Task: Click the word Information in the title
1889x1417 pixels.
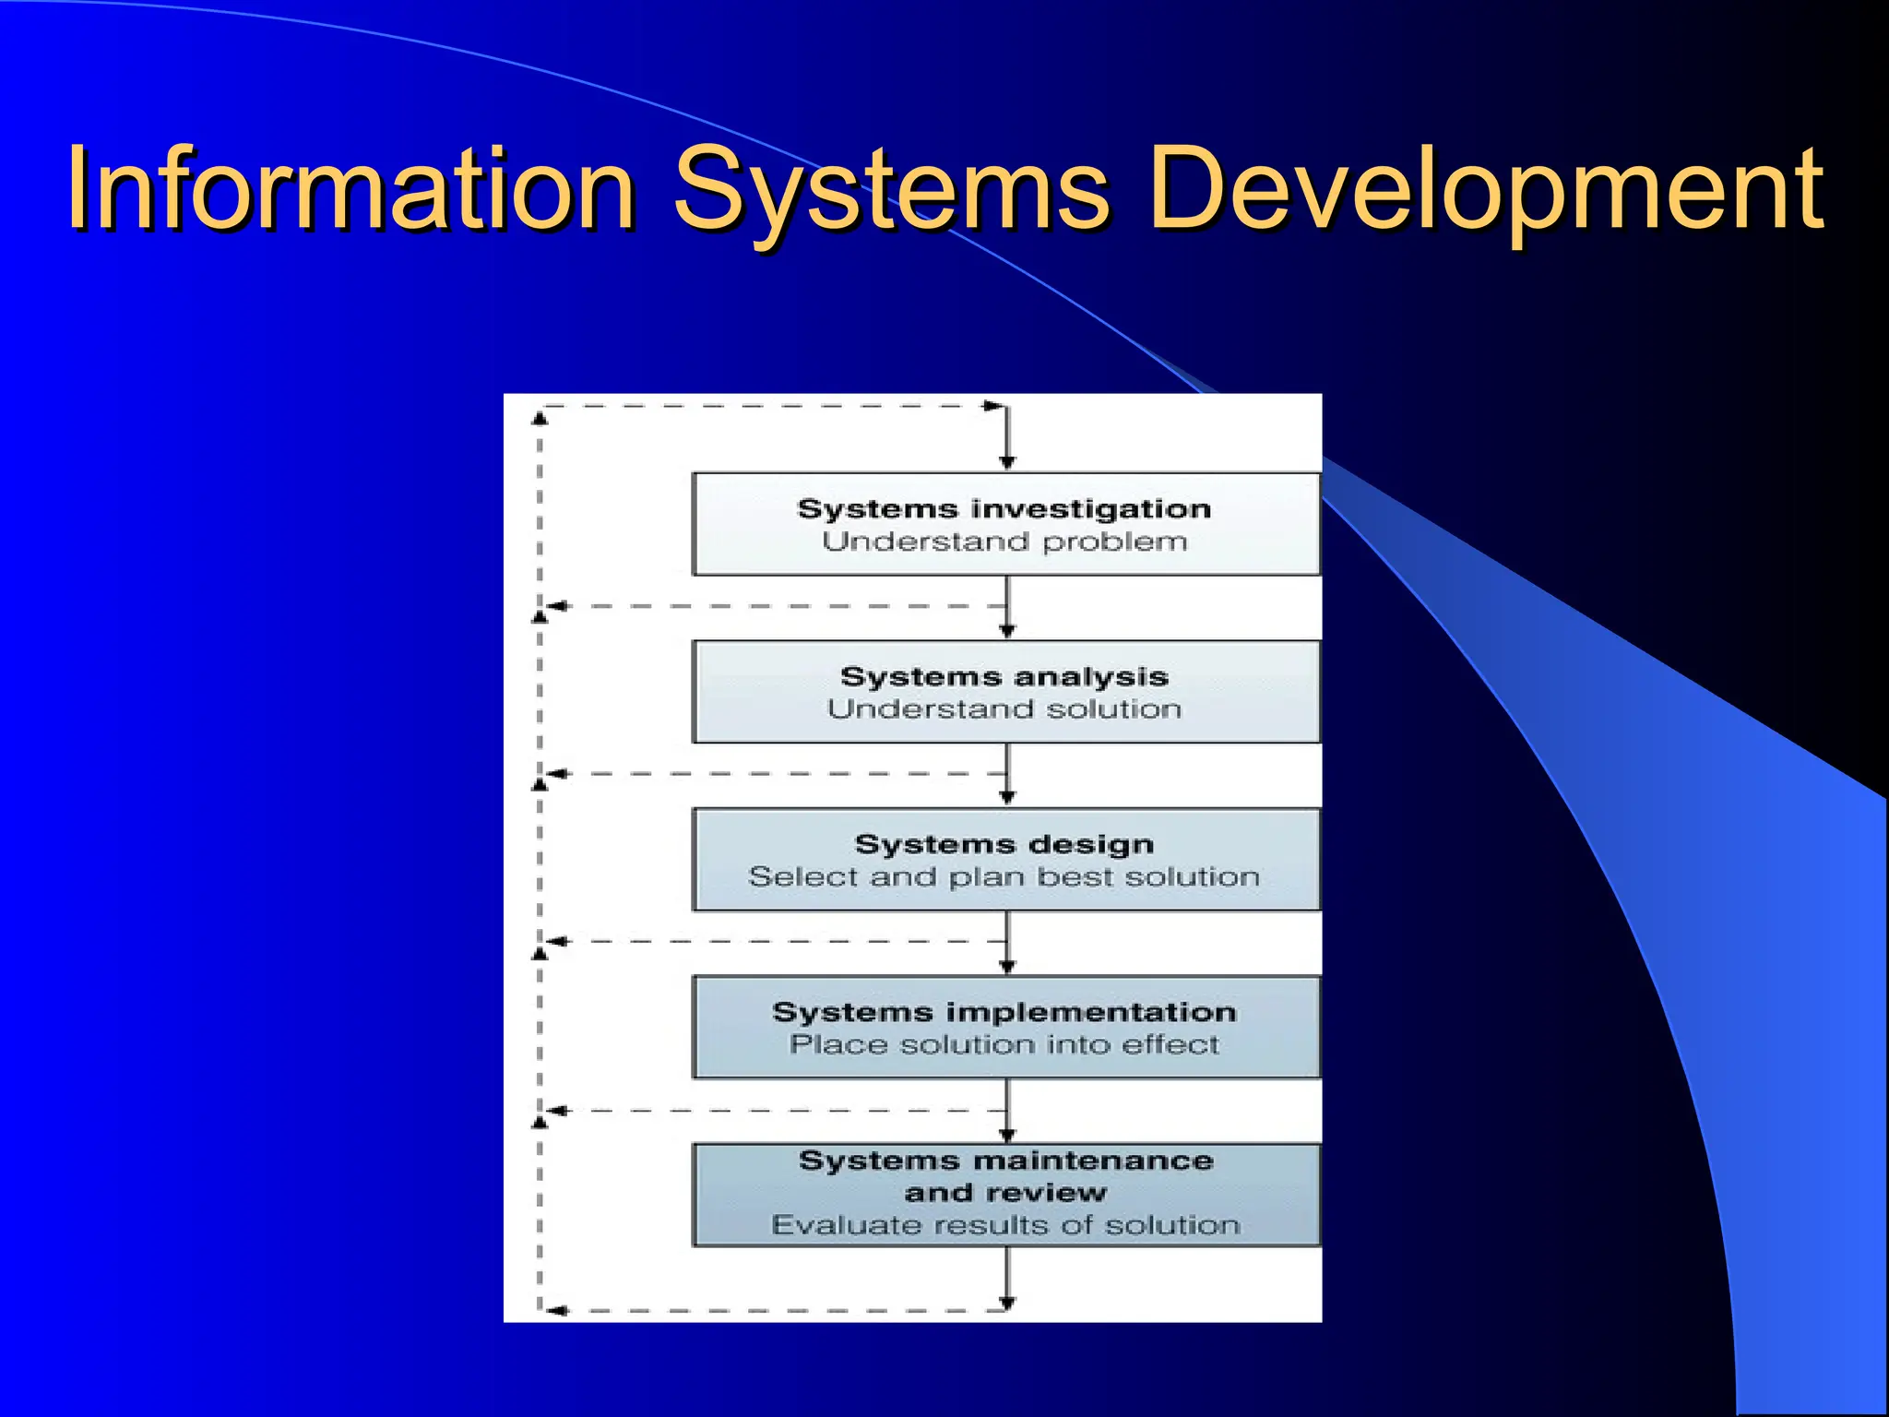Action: [350, 189]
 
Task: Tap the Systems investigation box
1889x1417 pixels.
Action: [1005, 524]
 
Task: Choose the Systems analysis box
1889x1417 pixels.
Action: [1005, 692]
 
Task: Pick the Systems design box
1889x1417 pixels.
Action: [1005, 860]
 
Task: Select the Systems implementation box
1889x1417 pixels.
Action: [1005, 1027]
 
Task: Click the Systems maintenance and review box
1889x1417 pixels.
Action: [1005, 1195]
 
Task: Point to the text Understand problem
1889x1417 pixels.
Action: [1004, 542]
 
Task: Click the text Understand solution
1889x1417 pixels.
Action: [1004, 709]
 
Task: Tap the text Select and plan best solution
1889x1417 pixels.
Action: [1004, 877]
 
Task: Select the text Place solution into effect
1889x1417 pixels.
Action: [1004, 1045]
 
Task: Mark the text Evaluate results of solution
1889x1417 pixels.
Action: [1005, 1225]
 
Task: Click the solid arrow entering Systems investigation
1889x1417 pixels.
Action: [1007, 439]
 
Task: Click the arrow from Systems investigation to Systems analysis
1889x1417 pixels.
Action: [1007, 609]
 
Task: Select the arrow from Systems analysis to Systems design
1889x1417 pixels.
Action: [1007, 777]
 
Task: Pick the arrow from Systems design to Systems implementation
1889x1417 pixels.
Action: [1007, 945]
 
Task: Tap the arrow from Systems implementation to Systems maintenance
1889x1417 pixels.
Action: [1007, 1113]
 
